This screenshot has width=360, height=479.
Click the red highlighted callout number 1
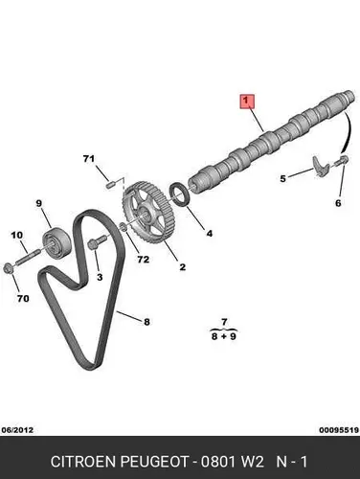pyautogui.click(x=246, y=102)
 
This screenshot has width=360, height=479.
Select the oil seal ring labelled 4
pyautogui.click(x=181, y=194)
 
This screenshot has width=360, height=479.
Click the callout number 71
pyautogui.click(x=89, y=158)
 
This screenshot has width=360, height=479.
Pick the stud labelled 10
pyautogui.click(x=28, y=257)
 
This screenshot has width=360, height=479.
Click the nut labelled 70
pyautogui.click(x=9, y=268)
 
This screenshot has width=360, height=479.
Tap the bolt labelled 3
pyautogui.click(x=98, y=242)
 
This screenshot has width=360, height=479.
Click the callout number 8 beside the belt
pyautogui.click(x=146, y=322)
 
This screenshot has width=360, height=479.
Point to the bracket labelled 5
pyautogui.click(x=321, y=166)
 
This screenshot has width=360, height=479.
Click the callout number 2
pyautogui.click(x=183, y=266)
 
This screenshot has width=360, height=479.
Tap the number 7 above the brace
pyautogui.click(x=224, y=322)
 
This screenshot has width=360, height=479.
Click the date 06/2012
pyautogui.click(x=17, y=430)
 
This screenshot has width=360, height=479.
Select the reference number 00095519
pyautogui.click(x=339, y=430)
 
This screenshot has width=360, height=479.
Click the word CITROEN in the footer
pyautogui.click(x=83, y=462)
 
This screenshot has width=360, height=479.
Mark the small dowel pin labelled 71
pyautogui.click(x=111, y=185)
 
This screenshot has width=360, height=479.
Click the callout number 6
pyautogui.click(x=338, y=203)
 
